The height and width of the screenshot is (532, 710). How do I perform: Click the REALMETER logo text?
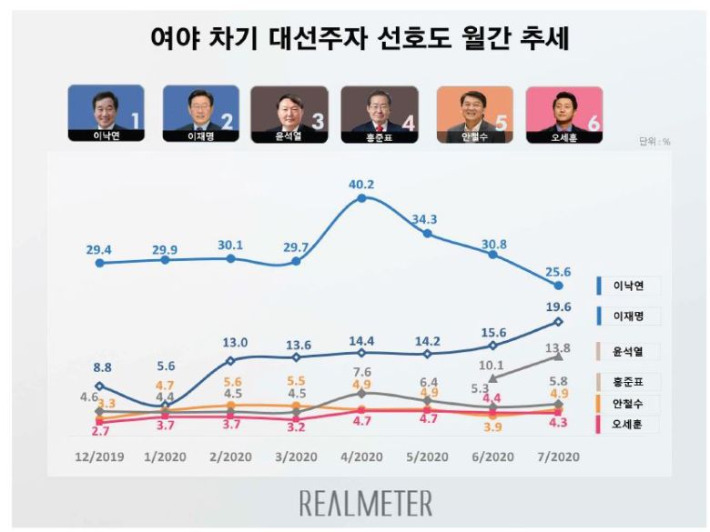coord(367,503)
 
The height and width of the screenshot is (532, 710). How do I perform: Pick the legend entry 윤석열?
coord(628,348)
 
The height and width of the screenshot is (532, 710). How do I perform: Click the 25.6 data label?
coord(559,271)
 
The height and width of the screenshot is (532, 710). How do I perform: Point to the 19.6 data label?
coord(559,306)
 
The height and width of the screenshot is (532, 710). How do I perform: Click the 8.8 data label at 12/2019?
coord(100,368)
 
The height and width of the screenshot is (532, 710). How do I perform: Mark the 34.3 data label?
coord(426,219)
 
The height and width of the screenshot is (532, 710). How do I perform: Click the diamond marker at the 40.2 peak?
coord(361,197)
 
